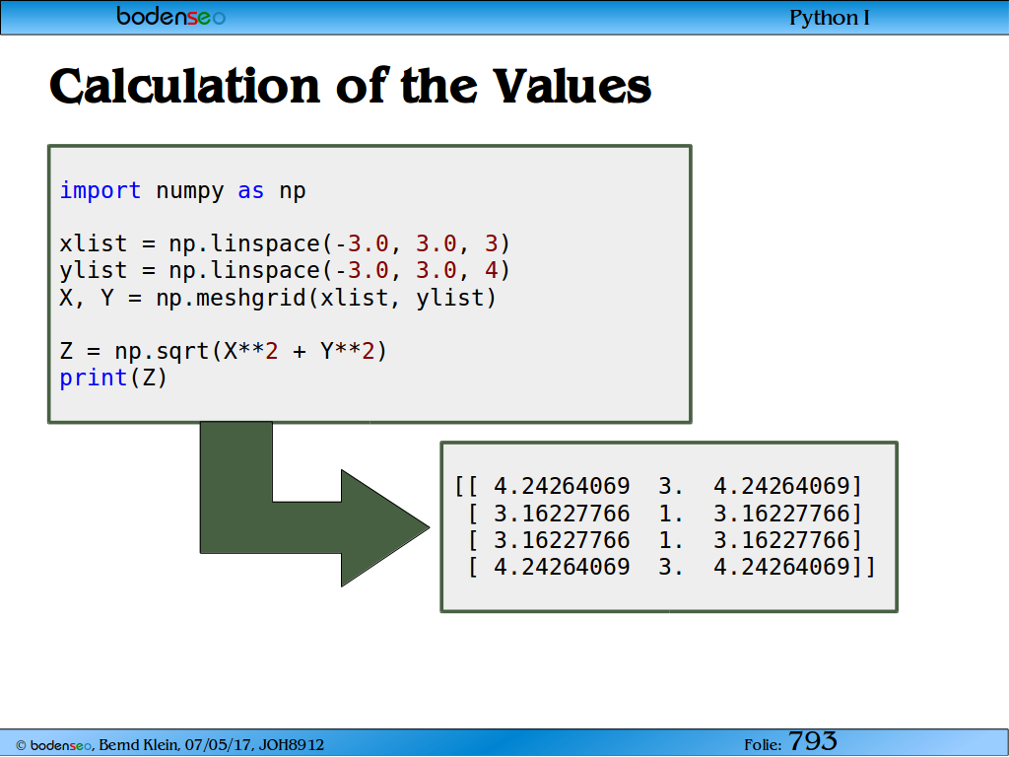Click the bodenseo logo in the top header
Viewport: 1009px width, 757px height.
(171, 16)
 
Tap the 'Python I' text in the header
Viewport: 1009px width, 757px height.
(830, 18)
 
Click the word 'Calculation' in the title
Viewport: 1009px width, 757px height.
(184, 87)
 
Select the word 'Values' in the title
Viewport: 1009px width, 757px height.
(572, 87)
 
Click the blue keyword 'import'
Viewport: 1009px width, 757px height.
(100, 190)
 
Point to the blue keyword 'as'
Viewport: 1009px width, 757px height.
(251, 191)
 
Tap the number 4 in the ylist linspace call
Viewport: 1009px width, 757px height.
(492, 270)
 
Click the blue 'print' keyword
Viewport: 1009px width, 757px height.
(94, 378)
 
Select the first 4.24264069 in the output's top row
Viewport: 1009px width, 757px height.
(562, 486)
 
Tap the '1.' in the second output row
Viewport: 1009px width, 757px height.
(670, 514)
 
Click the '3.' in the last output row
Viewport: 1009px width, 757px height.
(670, 567)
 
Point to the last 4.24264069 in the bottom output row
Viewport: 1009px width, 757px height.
(781, 567)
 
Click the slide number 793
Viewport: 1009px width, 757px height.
(813, 741)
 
